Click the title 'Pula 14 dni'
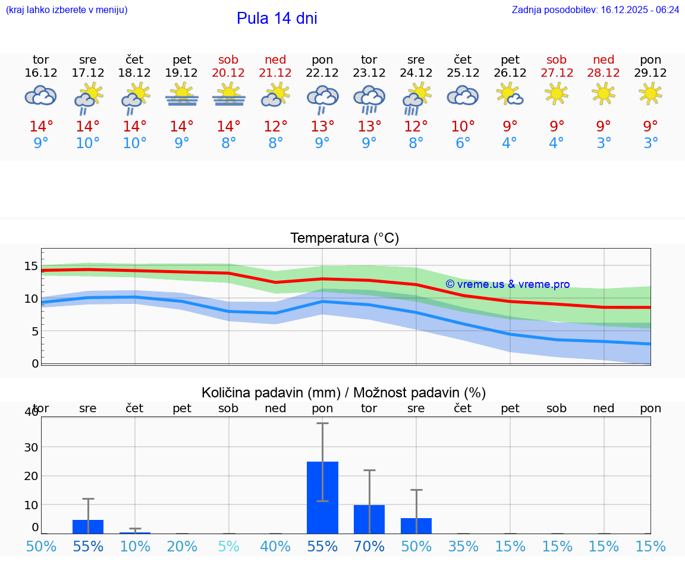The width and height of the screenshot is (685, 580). pos(276,18)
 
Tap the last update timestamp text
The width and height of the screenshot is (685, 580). pos(595,10)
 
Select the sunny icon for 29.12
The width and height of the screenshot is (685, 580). pos(651,93)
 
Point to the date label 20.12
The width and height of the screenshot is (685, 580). pos(228,73)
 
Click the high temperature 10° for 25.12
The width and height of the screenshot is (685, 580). pos(463,126)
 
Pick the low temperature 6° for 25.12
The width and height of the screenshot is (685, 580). pos(463,143)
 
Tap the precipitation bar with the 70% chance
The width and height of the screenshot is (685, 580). pos(369,519)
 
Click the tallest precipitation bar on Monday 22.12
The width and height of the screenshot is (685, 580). pos(322,497)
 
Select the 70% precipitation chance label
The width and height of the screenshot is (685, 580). pos(369,546)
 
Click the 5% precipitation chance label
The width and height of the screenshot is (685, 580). pos(228,546)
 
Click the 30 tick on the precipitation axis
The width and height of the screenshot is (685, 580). pos(31,447)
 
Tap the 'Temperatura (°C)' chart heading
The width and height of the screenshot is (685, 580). pos(344,239)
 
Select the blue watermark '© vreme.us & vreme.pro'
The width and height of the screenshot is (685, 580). pos(507,284)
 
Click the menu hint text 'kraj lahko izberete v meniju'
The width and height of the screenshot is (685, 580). pos(66,10)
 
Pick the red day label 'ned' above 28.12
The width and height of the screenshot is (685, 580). pos(604,59)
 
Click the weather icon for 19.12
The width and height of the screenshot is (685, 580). pos(181,95)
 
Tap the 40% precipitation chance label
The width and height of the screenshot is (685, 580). pos(275,546)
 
